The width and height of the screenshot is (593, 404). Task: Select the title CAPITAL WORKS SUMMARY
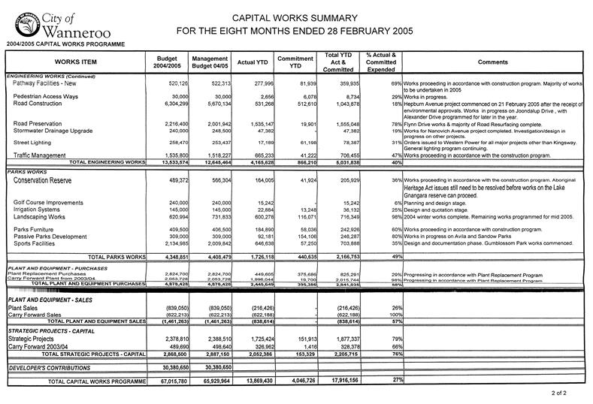click(294, 16)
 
